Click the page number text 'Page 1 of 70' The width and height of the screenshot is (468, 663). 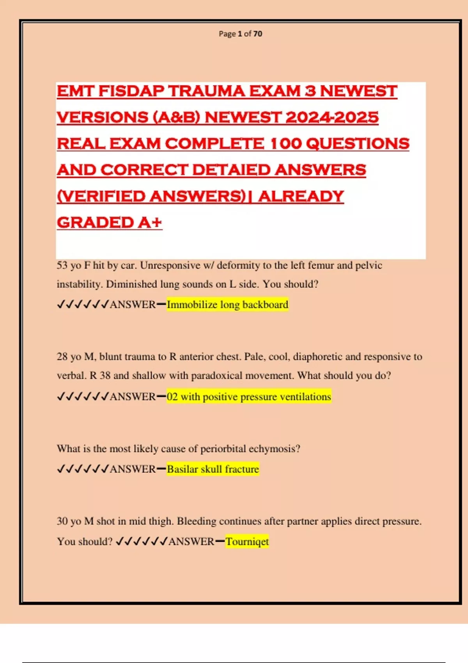pyautogui.click(x=240, y=34)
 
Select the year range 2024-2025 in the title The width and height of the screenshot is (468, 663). pyautogui.click(x=332, y=117)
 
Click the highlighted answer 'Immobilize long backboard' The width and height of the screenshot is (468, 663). pyautogui.click(x=227, y=305)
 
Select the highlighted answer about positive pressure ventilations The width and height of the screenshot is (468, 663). pyautogui.click(x=249, y=397)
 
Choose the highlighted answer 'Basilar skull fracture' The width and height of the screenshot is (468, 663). pyautogui.click(x=213, y=469)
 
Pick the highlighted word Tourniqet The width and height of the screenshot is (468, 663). pyautogui.click(x=247, y=542)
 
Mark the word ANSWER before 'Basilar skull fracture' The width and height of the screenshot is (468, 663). pyautogui.click(x=133, y=469)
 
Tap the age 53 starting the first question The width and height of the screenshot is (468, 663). pyautogui.click(x=62, y=266)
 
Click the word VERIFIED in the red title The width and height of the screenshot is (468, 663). pyautogui.click(x=101, y=196)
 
